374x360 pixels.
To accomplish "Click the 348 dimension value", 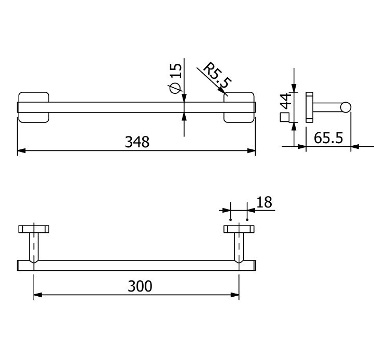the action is tap(137, 142).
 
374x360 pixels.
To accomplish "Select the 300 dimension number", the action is tap(140, 286).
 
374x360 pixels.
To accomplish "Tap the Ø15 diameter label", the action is tap(175, 78).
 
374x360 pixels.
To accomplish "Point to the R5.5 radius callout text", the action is tap(217, 75).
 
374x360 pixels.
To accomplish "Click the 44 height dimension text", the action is tap(286, 101).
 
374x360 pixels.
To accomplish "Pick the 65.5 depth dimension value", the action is tap(328, 138).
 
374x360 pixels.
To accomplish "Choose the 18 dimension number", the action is tap(264, 202).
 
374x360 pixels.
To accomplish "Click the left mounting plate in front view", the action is tap(34, 107).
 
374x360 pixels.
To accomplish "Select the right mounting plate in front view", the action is tap(239, 107).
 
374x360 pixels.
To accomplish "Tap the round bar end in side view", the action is tap(345, 107).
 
